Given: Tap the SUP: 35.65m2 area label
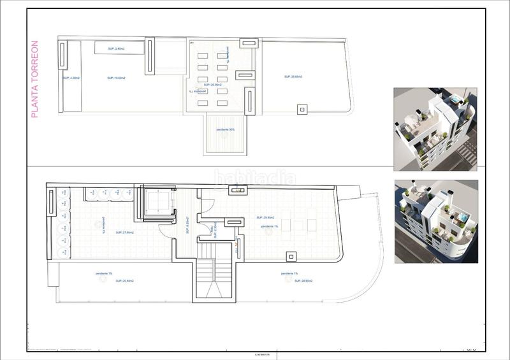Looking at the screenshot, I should (x=293, y=76).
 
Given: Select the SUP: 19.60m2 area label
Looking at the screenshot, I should (x=116, y=78).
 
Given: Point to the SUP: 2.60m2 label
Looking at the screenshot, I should (x=116, y=49).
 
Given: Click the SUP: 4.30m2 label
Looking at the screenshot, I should (x=71, y=78).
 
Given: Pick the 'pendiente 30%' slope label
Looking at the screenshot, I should (x=226, y=130).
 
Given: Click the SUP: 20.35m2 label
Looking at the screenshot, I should (x=212, y=85).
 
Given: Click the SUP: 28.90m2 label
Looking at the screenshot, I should (x=290, y=281).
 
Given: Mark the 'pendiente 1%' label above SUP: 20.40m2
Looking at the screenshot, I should (x=104, y=273).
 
